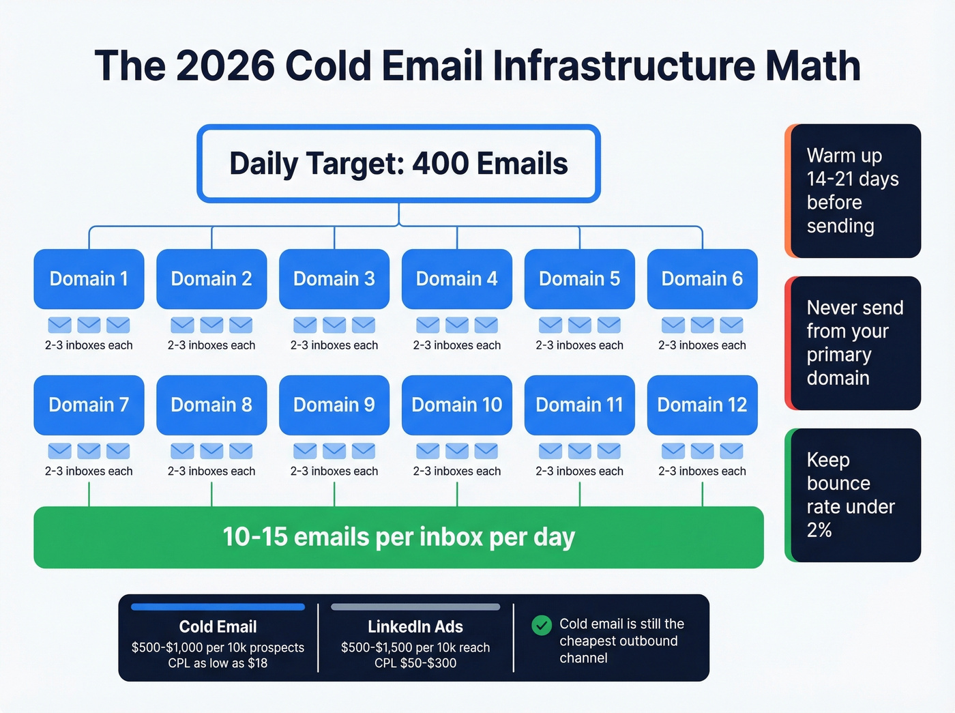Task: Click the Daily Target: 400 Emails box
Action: click(398, 164)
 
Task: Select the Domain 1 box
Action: click(89, 279)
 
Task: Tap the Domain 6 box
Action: click(702, 279)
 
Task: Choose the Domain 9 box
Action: click(334, 405)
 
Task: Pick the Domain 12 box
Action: click(702, 405)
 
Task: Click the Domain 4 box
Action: click(456, 279)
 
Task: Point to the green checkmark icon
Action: click(542, 625)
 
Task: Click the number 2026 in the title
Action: click(224, 66)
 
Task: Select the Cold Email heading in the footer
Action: click(218, 626)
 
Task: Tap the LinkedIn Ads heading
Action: click(415, 626)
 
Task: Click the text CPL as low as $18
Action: click(218, 663)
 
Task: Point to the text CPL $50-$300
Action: click(415, 663)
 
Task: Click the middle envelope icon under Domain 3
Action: click(334, 325)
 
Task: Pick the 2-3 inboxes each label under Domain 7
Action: click(89, 471)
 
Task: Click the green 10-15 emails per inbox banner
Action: click(398, 537)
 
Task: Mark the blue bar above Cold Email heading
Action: click(218, 607)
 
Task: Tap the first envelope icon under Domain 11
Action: click(550, 451)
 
